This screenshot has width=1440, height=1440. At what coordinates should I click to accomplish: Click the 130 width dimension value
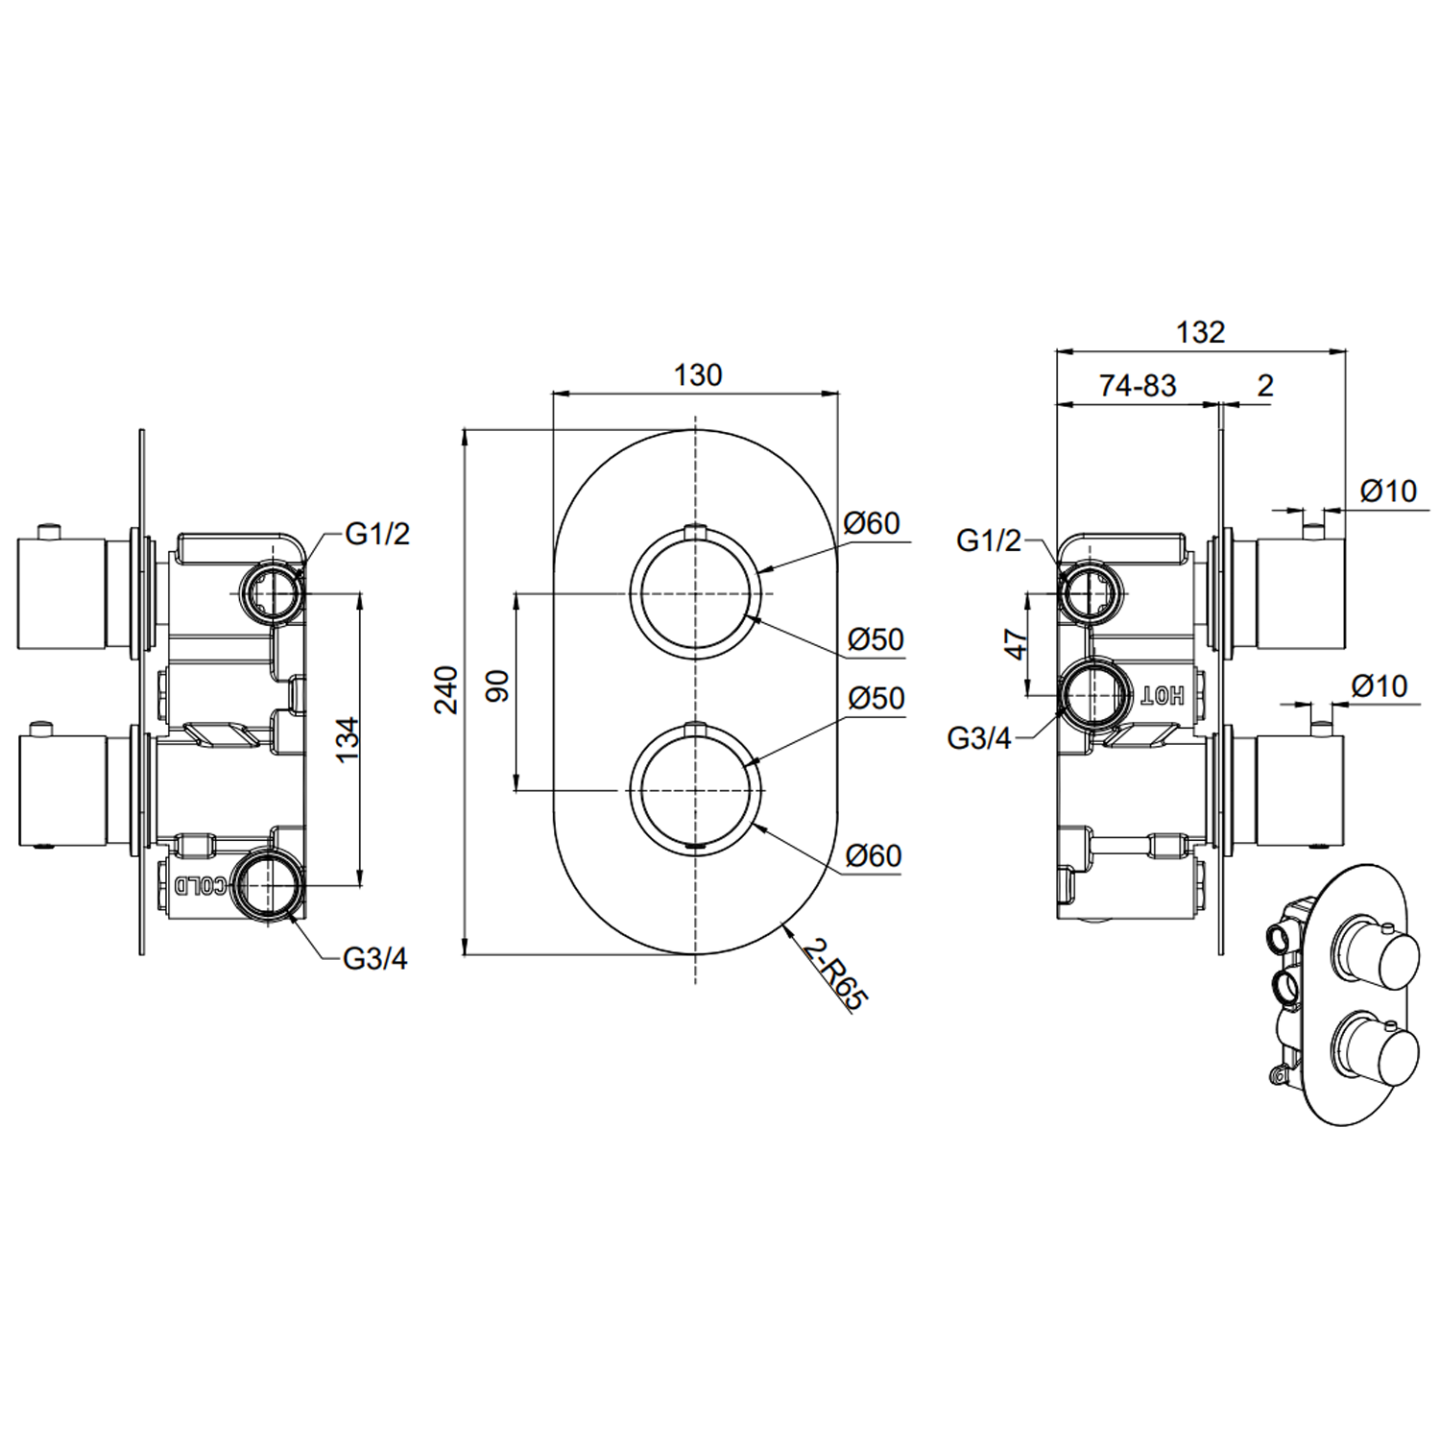[x=697, y=374]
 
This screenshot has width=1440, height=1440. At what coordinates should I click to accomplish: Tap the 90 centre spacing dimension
[x=497, y=686]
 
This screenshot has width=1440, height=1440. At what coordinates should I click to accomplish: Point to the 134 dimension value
[x=347, y=738]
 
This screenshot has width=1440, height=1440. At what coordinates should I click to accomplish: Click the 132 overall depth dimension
[x=1200, y=332]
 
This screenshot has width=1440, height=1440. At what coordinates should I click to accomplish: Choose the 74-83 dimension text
[x=1138, y=385]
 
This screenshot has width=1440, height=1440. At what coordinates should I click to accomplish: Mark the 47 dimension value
[x=1016, y=643]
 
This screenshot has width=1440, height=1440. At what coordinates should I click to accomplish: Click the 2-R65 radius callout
[x=834, y=973]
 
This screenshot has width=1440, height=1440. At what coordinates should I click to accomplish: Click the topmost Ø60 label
[x=872, y=523]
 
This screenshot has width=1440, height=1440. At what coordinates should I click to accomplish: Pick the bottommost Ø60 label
[x=874, y=855]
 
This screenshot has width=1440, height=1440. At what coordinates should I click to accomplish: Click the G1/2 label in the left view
[x=377, y=534]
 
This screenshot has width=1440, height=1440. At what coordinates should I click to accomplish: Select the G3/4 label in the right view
[x=979, y=738]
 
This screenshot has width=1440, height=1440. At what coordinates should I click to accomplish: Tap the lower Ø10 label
[x=1379, y=686]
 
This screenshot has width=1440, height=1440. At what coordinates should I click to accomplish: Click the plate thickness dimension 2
[x=1265, y=385]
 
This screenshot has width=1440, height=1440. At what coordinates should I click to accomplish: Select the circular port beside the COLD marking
[x=265, y=885]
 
